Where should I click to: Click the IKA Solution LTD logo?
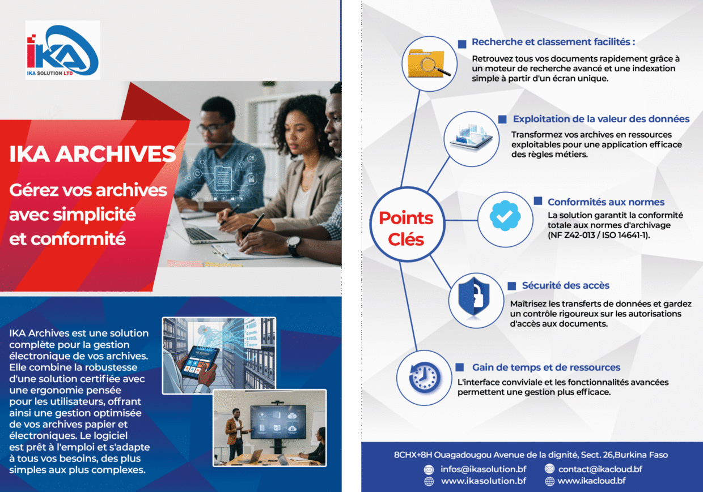[63, 50]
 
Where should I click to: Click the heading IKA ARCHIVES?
[92, 154]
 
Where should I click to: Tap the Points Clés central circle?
[407, 224]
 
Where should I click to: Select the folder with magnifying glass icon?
[429, 63]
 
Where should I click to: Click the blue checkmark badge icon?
[505, 216]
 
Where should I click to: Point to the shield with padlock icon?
[474, 297]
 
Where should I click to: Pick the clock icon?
[424, 378]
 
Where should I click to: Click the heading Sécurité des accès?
[566, 285]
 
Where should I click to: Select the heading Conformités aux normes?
[606, 202]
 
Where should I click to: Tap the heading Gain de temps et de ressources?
[547, 367]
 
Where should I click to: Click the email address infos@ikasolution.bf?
[483, 469]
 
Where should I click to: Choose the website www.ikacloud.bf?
[591, 481]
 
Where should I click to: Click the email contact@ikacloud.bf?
[600, 469]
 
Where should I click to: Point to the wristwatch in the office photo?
[294, 246]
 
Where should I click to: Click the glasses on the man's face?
[213, 127]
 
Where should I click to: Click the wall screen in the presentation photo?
[278, 422]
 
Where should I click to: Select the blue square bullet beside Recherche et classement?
[462, 44]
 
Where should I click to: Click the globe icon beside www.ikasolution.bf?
[429, 481]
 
